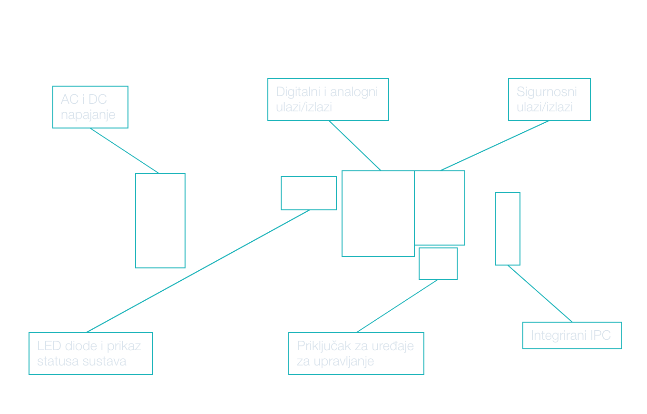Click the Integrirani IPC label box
(572, 335)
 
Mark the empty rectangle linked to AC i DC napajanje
(160, 221)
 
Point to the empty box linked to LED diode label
(308, 193)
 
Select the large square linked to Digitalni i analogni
(378, 214)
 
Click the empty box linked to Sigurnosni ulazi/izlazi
(440, 208)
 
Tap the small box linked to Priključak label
(438, 264)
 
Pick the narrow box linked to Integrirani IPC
(508, 229)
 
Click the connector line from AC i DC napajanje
(125, 151)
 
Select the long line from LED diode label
(198, 271)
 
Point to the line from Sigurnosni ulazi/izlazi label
(495, 146)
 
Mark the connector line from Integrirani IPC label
(540, 294)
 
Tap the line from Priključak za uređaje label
(397, 306)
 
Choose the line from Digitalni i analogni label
(355, 146)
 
